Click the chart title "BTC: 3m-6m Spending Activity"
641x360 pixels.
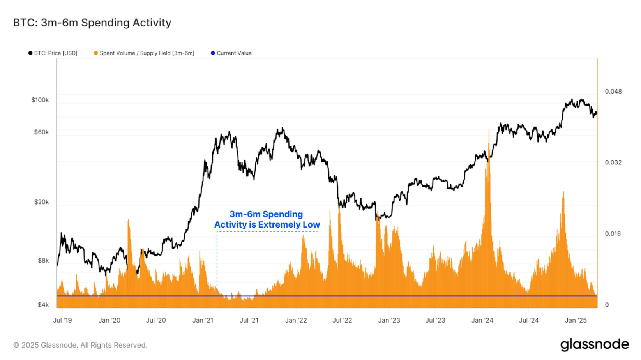point(92,23)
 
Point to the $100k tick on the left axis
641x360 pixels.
point(40,100)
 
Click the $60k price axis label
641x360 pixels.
point(41,132)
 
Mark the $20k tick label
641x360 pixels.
point(41,202)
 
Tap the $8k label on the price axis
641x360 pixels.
point(43,260)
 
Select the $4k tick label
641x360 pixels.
point(43,305)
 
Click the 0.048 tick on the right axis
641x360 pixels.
point(613,91)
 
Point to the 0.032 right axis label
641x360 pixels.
point(613,162)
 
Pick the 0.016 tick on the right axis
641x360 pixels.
point(613,234)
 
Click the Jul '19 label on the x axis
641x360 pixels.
point(62,320)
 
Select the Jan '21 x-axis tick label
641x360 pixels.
point(203,320)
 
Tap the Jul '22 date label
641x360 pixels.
point(342,320)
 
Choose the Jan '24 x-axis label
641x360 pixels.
point(482,320)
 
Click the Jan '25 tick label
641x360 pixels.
point(576,320)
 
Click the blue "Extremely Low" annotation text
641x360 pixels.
point(267,224)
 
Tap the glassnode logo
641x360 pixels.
point(594,344)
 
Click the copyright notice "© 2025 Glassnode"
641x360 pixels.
point(80,345)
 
